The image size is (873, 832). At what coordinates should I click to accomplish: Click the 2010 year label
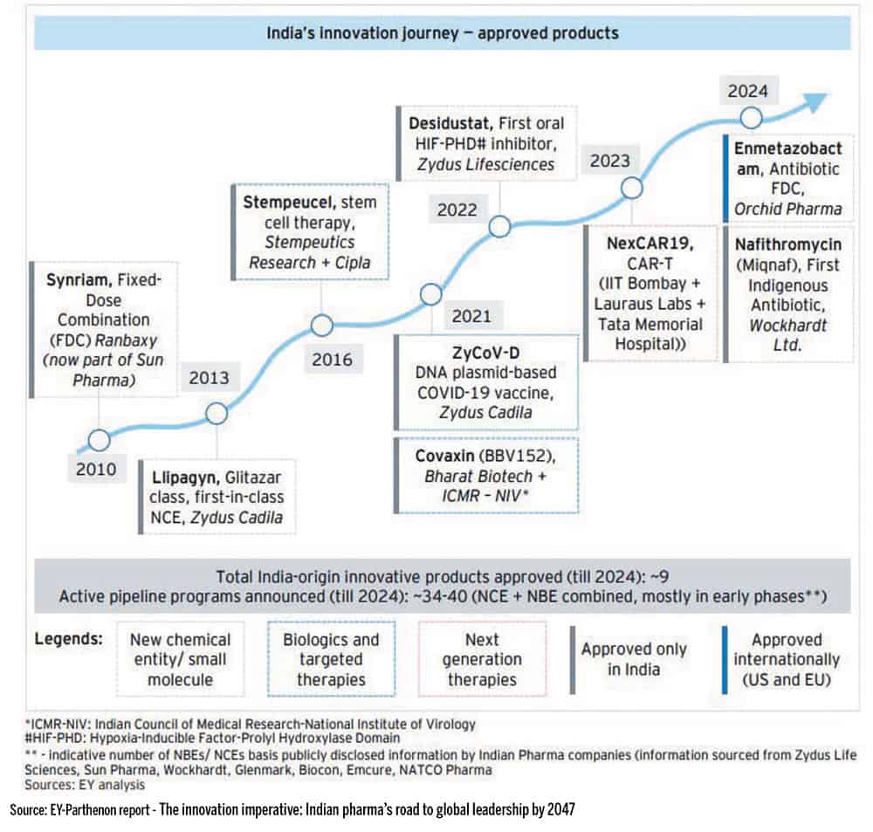click(x=95, y=468)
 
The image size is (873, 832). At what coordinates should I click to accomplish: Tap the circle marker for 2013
click(x=217, y=413)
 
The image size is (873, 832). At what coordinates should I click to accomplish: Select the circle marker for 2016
click(x=322, y=327)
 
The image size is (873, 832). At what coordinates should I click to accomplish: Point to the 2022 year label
click(x=457, y=210)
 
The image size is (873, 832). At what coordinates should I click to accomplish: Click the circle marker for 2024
click(x=751, y=117)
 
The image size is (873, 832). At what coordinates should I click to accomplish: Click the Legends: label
click(x=69, y=638)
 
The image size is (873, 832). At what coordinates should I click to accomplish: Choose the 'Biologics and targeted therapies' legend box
click(x=331, y=659)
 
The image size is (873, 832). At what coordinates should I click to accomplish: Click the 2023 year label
click(x=609, y=162)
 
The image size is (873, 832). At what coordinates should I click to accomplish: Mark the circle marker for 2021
click(x=432, y=294)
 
